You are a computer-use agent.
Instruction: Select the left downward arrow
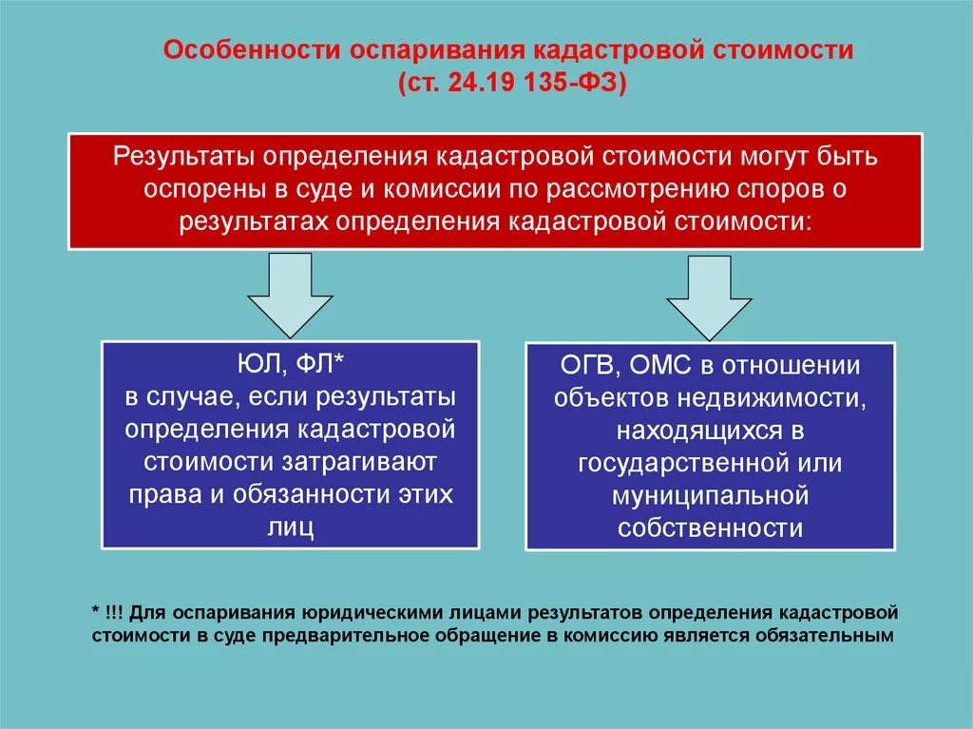290,291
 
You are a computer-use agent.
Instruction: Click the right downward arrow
709,295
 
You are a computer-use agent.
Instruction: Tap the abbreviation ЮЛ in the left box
255,361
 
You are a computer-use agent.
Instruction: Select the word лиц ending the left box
290,528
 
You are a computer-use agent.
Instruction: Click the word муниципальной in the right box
710,496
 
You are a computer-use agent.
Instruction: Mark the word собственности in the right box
710,528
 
